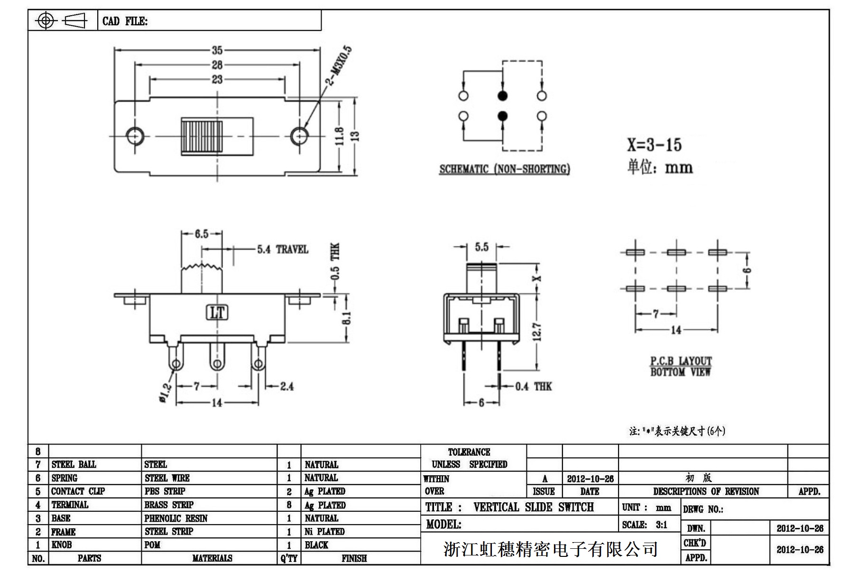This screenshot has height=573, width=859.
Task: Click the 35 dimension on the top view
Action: tap(217, 50)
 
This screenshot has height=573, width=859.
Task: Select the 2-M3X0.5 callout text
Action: tap(339, 65)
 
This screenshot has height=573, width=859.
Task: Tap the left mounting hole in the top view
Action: tap(135, 136)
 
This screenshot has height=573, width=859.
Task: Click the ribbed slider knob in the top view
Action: tap(202, 136)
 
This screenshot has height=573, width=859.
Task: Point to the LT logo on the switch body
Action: tap(217, 312)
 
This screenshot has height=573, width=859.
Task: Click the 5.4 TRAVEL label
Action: tap(282, 249)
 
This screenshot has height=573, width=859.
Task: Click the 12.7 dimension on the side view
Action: tap(536, 331)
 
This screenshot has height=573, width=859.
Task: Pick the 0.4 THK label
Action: tap(534, 386)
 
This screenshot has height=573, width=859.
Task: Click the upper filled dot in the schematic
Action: tap(503, 96)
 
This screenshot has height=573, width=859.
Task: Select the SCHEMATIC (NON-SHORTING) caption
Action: tap(505, 169)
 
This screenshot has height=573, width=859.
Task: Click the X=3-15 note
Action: tap(654, 145)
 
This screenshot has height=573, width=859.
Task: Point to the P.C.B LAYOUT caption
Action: tap(681, 361)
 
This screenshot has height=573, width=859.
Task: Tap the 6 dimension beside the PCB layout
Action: tap(748, 271)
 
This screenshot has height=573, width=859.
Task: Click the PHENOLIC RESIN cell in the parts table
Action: tap(176, 518)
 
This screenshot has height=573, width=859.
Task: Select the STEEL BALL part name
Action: tap(74, 464)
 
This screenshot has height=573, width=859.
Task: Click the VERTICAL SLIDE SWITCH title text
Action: tap(533, 507)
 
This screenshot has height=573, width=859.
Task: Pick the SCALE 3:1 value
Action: tap(661, 525)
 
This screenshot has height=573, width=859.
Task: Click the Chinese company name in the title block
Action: tap(550, 549)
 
